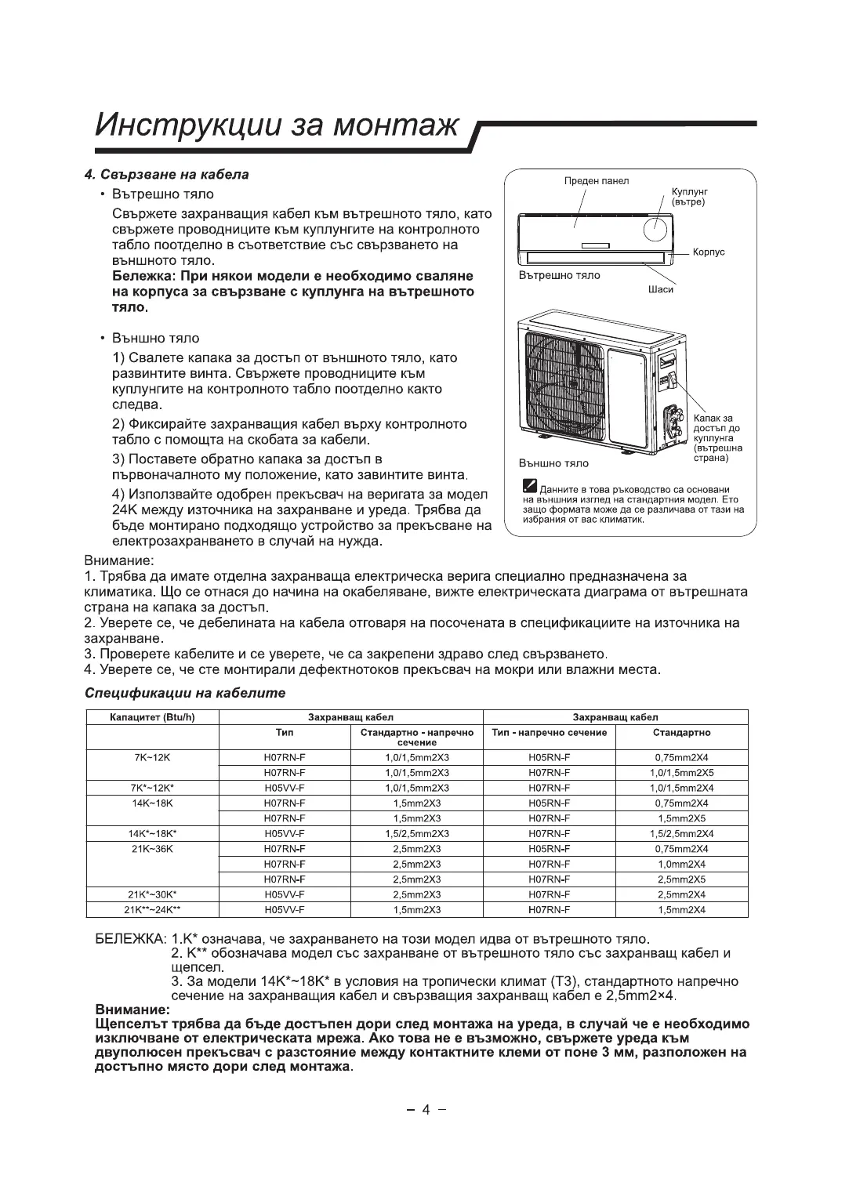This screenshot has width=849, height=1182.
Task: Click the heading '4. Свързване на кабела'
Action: [x=166, y=174]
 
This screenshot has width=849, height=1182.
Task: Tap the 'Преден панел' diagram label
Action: [x=597, y=181]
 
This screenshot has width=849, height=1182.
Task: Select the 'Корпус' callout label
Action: [x=709, y=252]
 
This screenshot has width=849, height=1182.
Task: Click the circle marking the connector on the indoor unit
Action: [x=656, y=228]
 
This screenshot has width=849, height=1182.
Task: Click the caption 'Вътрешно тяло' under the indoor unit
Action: [x=560, y=275]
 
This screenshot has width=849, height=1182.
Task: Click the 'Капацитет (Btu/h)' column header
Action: [x=152, y=717]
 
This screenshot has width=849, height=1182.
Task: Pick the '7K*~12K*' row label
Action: [x=152, y=788]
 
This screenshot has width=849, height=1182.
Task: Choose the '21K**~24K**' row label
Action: [x=152, y=909]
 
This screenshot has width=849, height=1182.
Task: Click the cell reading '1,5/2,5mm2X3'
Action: [x=416, y=833]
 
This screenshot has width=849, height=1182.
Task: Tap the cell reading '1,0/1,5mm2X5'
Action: [x=681, y=773]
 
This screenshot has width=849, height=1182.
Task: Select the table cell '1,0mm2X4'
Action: [x=681, y=864]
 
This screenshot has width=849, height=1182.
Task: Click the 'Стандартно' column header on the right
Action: [x=681, y=733]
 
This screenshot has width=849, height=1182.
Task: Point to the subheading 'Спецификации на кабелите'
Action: [x=184, y=693]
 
